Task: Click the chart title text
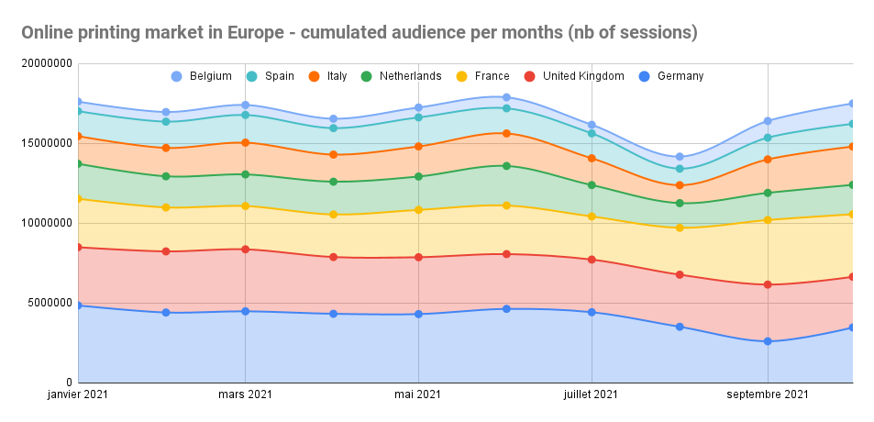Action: click(x=360, y=32)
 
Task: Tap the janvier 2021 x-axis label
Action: click(x=78, y=395)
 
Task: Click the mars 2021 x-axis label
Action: click(x=245, y=395)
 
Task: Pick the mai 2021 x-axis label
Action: click(x=419, y=395)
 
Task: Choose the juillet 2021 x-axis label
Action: click(x=592, y=395)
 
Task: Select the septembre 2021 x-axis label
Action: click(x=768, y=395)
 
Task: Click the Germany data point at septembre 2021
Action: click(x=768, y=341)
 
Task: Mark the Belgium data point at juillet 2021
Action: click(x=592, y=125)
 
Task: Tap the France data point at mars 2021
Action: click(x=245, y=205)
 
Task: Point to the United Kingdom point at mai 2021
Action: click(x=419, y=257)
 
